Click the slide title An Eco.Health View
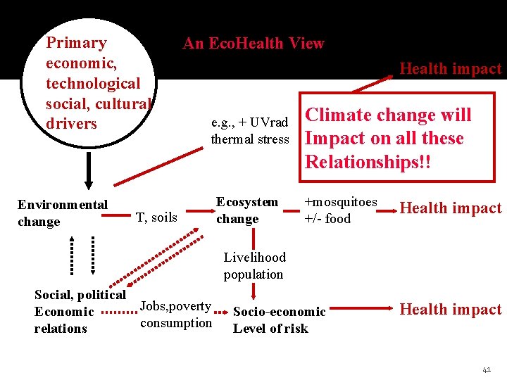(x=254, y=44)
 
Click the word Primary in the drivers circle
(x=76, y=43)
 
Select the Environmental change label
(x=62, y=213)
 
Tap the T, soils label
(x=156, y=217)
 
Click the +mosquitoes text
(x=340, y=202)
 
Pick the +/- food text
(x=327, y=219)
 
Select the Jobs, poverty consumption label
(x=176, y=315)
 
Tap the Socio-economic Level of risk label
(x=279, y=320)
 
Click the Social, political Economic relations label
(x=79, y=311)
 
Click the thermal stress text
(x=250, y=139)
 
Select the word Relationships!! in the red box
(x=367, y=163)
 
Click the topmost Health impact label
(x=450, y=69)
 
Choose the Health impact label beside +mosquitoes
(x=450, y=208)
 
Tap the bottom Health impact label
(x=450, y=310)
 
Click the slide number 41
(x=487, y=369)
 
